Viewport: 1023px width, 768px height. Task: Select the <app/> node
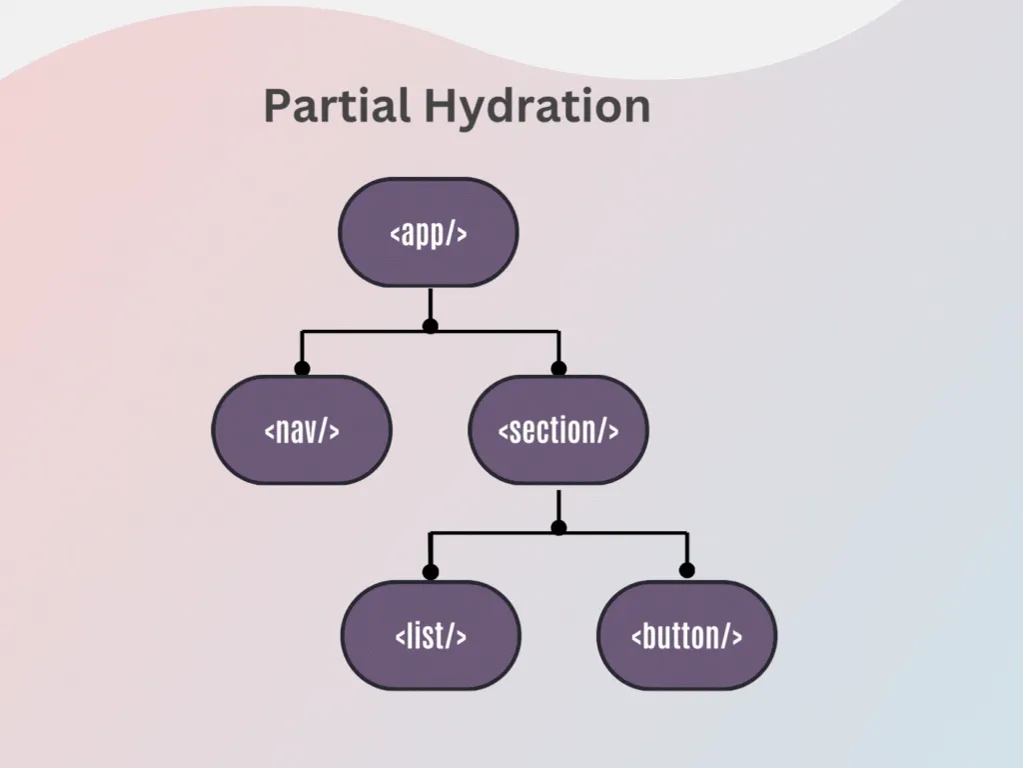[x=430, y=232]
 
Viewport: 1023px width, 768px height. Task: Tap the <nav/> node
[x=302, y=430]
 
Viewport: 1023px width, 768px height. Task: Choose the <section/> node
[x=558, y=430]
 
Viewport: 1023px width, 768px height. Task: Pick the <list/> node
[x=431, y=635]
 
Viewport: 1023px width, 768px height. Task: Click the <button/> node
[x=686, y=635]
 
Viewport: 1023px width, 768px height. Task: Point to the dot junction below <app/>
[x=430, y=326]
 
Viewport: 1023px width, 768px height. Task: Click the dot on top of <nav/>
[x=302, y=368]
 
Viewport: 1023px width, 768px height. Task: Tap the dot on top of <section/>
[x=558, y=368]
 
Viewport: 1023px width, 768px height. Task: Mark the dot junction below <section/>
[x=558, y=528]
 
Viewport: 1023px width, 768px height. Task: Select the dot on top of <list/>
[x=431, y=572]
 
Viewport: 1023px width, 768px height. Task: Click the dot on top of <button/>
[x=686, y=570]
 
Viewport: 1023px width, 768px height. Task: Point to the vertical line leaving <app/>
[x=430, y=304]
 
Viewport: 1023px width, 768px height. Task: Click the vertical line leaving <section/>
[x=558, y=506]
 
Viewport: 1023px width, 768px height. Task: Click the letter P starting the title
[x=277, y=106]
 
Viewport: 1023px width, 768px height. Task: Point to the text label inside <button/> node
[x=686, y=635]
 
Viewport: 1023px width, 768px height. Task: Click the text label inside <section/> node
[x=558, y=430]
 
